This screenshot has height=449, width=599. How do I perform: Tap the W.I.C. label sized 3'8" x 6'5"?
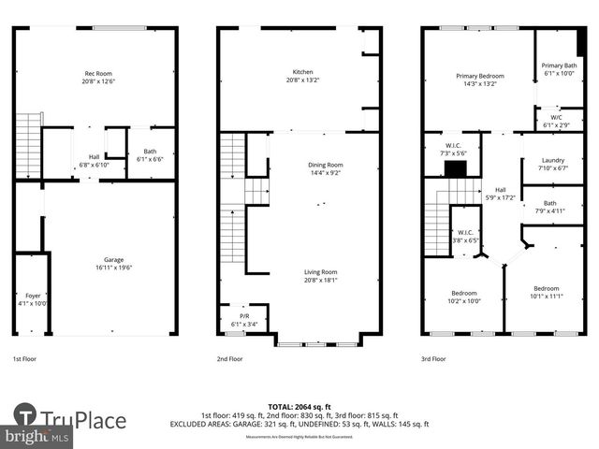(x=465, y=237)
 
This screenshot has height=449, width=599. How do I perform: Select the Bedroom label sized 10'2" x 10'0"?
(x=464, y=297)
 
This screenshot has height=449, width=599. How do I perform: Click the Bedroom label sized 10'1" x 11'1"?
(x=546, y=292)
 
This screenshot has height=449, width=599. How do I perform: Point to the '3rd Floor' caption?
(x=433, y=358)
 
